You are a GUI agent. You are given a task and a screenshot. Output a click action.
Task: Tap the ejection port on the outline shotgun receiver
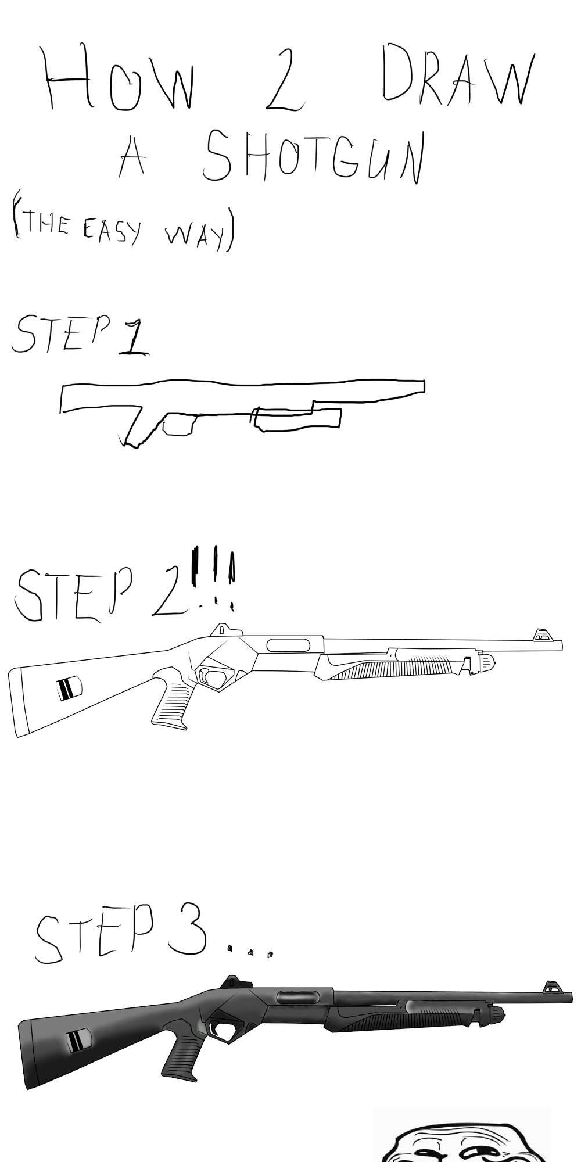point(288,644)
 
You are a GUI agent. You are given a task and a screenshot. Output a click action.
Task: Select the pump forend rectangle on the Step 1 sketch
point(296,419)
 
